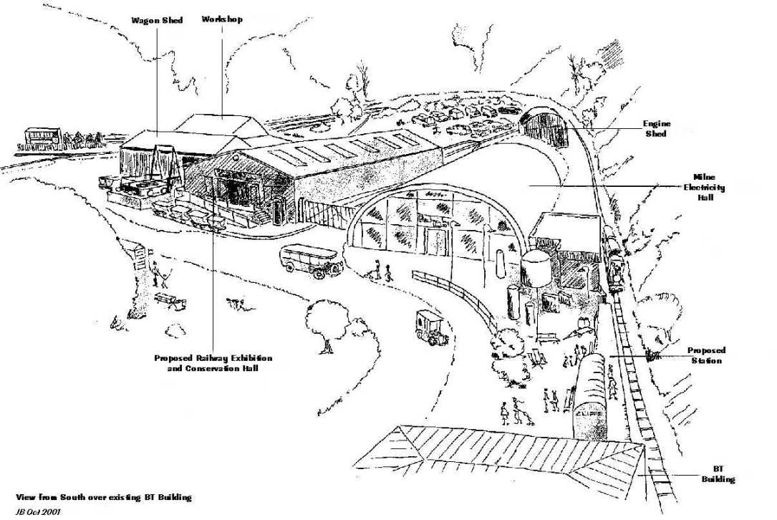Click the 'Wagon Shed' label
[x=157, y=21]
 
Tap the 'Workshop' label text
[x=222, y=19]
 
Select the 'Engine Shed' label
[x=656, y=128]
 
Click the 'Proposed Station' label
[x=706, y=355]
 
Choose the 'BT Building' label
[x=718, y=474]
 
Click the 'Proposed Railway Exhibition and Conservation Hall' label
[x=213, y=362]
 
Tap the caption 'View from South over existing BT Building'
[x=104, y=497]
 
